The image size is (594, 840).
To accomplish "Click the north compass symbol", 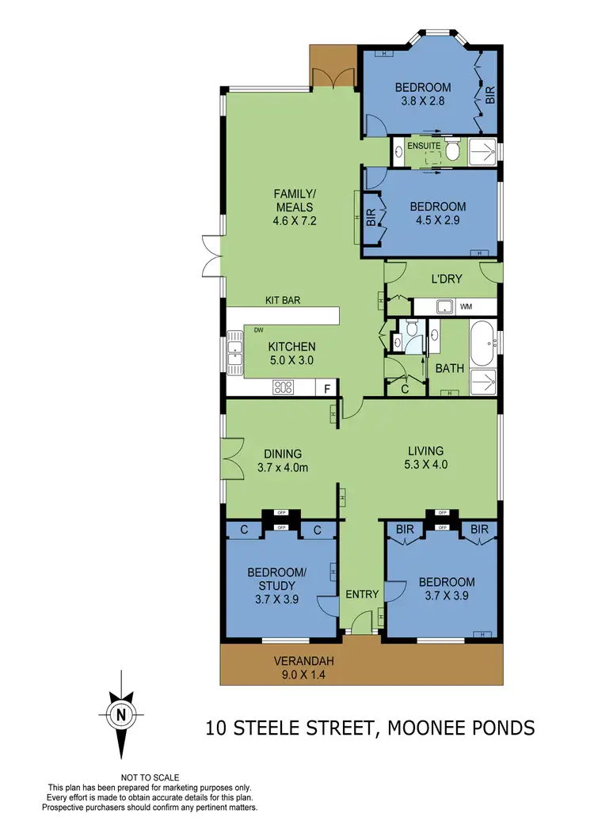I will coord(120,713).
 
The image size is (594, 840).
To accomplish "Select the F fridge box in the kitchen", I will coord(326,388).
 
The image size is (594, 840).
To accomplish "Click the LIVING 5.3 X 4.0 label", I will coord(421,458).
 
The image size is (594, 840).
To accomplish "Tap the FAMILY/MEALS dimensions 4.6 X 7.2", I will coord(295,221).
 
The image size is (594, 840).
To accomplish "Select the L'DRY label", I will coord(447,279).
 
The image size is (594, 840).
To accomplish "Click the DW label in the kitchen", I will coord(259,330).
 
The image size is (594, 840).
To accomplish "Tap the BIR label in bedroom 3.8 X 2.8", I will coord(490,95).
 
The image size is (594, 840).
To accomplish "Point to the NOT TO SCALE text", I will coord(150,778).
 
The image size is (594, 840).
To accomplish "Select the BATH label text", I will coord(445,368).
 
